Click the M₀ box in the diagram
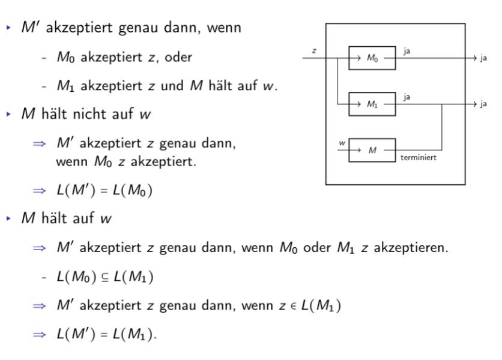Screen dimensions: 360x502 [x=372, y=58]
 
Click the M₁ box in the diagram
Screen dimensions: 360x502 [x=372, y=104]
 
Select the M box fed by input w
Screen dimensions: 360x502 [x=372, y=149]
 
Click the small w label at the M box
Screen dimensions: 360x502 [x=342, y=143]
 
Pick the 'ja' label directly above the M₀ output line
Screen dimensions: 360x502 [x=408, y=52]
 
